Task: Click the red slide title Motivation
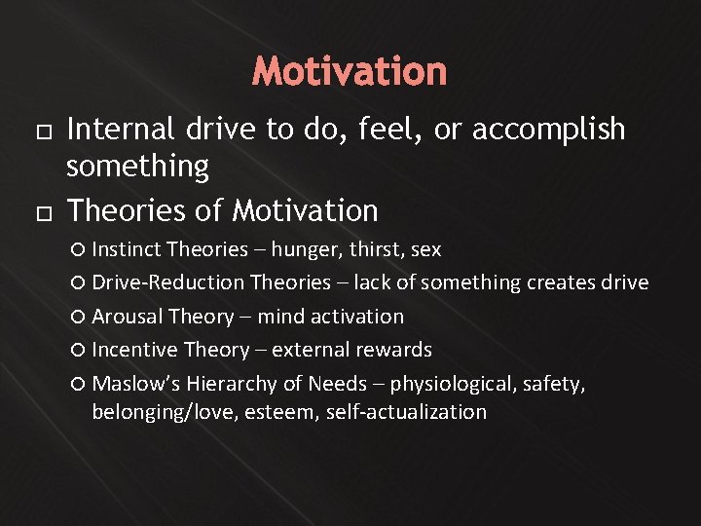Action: (x=350, y=71)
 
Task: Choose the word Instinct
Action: (x=127, y=250)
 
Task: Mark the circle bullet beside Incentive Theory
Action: (x=79, y=350)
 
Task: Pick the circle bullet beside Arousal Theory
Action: (x=79, y=318)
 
